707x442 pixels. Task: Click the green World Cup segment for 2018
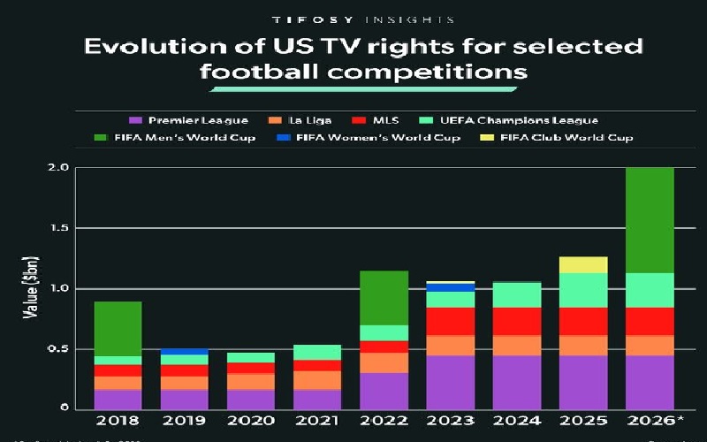[118, 329]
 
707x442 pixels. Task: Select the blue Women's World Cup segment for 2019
[184, 352]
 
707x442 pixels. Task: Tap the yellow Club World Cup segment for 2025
[583, 264]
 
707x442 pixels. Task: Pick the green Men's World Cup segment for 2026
[649, 220]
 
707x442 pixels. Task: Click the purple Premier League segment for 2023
[449, 382]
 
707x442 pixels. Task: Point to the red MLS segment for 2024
[517, 321]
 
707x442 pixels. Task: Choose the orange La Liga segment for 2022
[383, 362]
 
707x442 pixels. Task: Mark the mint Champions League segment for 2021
[316, 352]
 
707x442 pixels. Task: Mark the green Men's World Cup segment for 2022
[383, 298]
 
